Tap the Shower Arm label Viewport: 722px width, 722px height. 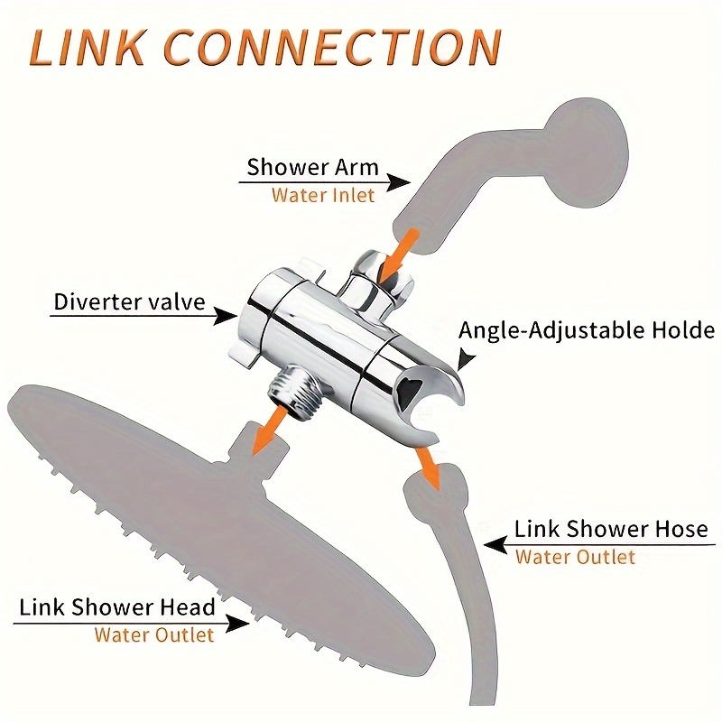coord(312,167)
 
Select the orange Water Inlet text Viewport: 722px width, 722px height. coord(322,195)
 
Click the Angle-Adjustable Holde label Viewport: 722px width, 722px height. coord(587,330)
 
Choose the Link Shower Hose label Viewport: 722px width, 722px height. coord(611,529)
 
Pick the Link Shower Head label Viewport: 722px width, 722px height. coord(117,607)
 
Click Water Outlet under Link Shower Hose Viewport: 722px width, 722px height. coord(575,557)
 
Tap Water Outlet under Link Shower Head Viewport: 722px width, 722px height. coord(153,634)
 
